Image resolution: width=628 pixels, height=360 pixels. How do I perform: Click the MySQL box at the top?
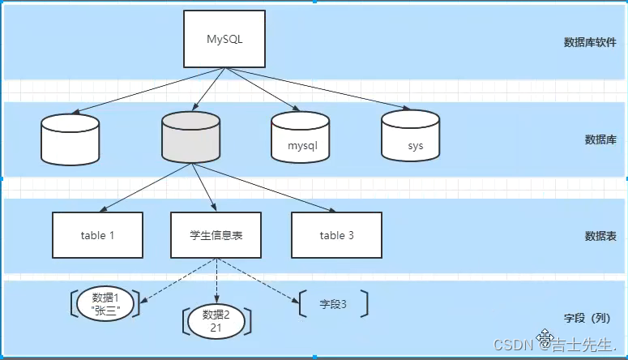pyautogui.click(x=224, y=39)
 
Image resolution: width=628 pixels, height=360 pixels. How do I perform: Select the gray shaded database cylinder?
pyautogui.click(x=191, y=137)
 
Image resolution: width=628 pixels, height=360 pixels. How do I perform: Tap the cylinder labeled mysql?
pyautogui.click(x=301, y=137)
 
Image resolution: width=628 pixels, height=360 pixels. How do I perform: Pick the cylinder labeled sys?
pyautogui.click(x=411, y=135)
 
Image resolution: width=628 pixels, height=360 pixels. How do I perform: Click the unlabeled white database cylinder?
pyautogui.click(x=70, y=139)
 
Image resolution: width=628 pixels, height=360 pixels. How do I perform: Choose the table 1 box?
pyautogui.click(x=98, y=235)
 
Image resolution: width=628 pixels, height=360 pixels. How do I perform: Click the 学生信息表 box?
pyautogui.click(x=216, y=235)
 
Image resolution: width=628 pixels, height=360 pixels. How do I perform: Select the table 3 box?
pyautogui.click(x=336, y=235)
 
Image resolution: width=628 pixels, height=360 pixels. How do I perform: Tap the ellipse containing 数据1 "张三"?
pyautogui.click(x=105, y=304)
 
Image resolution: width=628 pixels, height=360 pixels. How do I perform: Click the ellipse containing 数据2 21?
pyautogui.click(x=216, y=321)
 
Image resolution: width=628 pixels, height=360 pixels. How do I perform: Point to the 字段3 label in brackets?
pyautogui.click(x=333, y=304)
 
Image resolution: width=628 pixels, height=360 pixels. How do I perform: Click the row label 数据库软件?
pyautogui.click(x=590, y=42)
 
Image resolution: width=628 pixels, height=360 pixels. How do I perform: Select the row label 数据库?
pyautogui.click(x=600, y=139)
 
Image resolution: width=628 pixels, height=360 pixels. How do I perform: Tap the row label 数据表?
pyautogui.click(x=600, y=236)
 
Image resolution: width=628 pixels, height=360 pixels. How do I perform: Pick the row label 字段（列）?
pyautogui.click(x=587, y=319)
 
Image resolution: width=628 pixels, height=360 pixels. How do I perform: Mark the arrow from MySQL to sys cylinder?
pyautogui.click(x=318, y=88)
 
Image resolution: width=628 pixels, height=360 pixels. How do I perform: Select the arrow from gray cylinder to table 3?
pyautogui.click(x=263, y=187)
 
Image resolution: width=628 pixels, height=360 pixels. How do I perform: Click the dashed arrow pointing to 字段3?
pyautogui.click(x=258, y=281)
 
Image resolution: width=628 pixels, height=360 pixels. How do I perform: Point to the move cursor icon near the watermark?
pyautogui.click(x=545, y=336)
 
